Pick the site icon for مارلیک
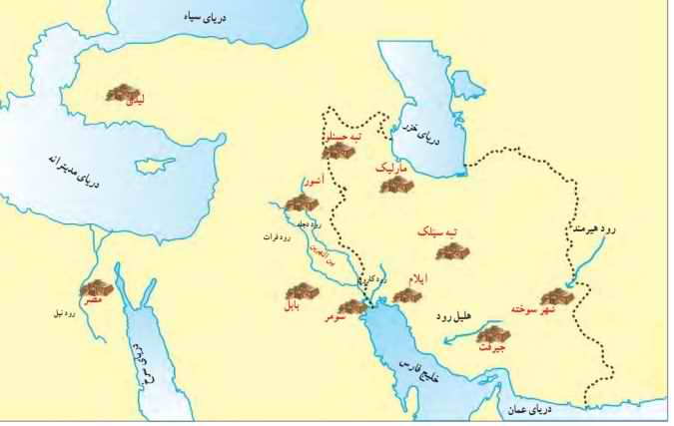point(396,184)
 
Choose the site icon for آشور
point(301,204)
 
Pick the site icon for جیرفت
point(492,335)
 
